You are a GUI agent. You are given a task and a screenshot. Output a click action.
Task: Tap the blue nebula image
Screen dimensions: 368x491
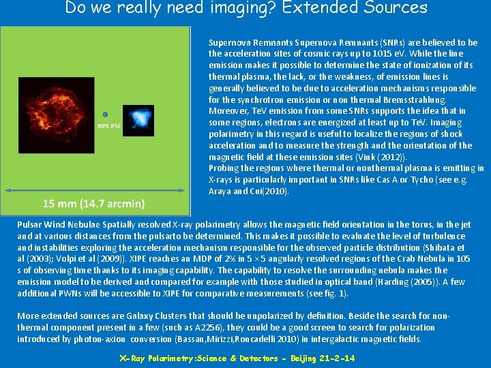tap(142, 118)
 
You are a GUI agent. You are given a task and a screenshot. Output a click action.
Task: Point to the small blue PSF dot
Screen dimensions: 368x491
tap(104, 114)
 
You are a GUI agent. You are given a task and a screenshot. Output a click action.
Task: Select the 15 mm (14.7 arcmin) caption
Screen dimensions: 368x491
tap(93, 204)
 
